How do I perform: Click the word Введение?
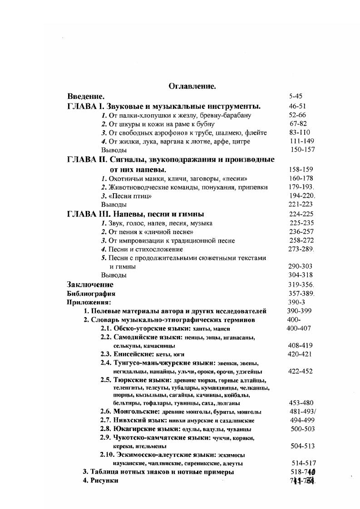click(x=86, y=96)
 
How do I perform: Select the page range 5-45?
click(x=295, y=96)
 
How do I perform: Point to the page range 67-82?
click(x=298, y=123)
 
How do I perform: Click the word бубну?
click(x=206, y=124)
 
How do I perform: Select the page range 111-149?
click(x=302, y=141)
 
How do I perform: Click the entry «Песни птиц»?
click(x=126, y=196)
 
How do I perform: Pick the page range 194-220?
click(x=302, y=196)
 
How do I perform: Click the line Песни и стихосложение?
click(x=142, y=249)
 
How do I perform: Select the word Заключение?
click(x=90, y=285)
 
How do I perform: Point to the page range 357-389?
click(x=301, y=294)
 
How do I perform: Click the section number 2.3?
click(x=106, y=354)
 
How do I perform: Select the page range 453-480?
click(x=301, y=402)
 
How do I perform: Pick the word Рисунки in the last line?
click(x=104, y=480)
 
